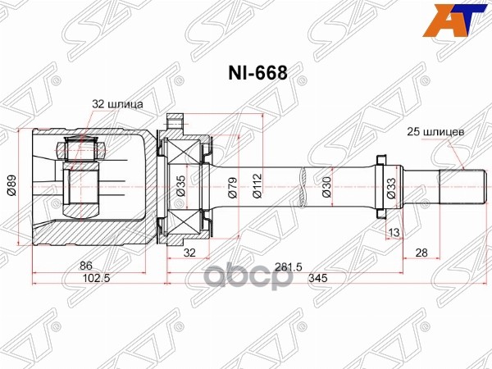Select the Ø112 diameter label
pyautogui.click(x=257, y=188)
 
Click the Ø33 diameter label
pyautogui.click(x=391, y=188)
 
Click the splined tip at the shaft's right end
pyautogui.click(x=457, y=185)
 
